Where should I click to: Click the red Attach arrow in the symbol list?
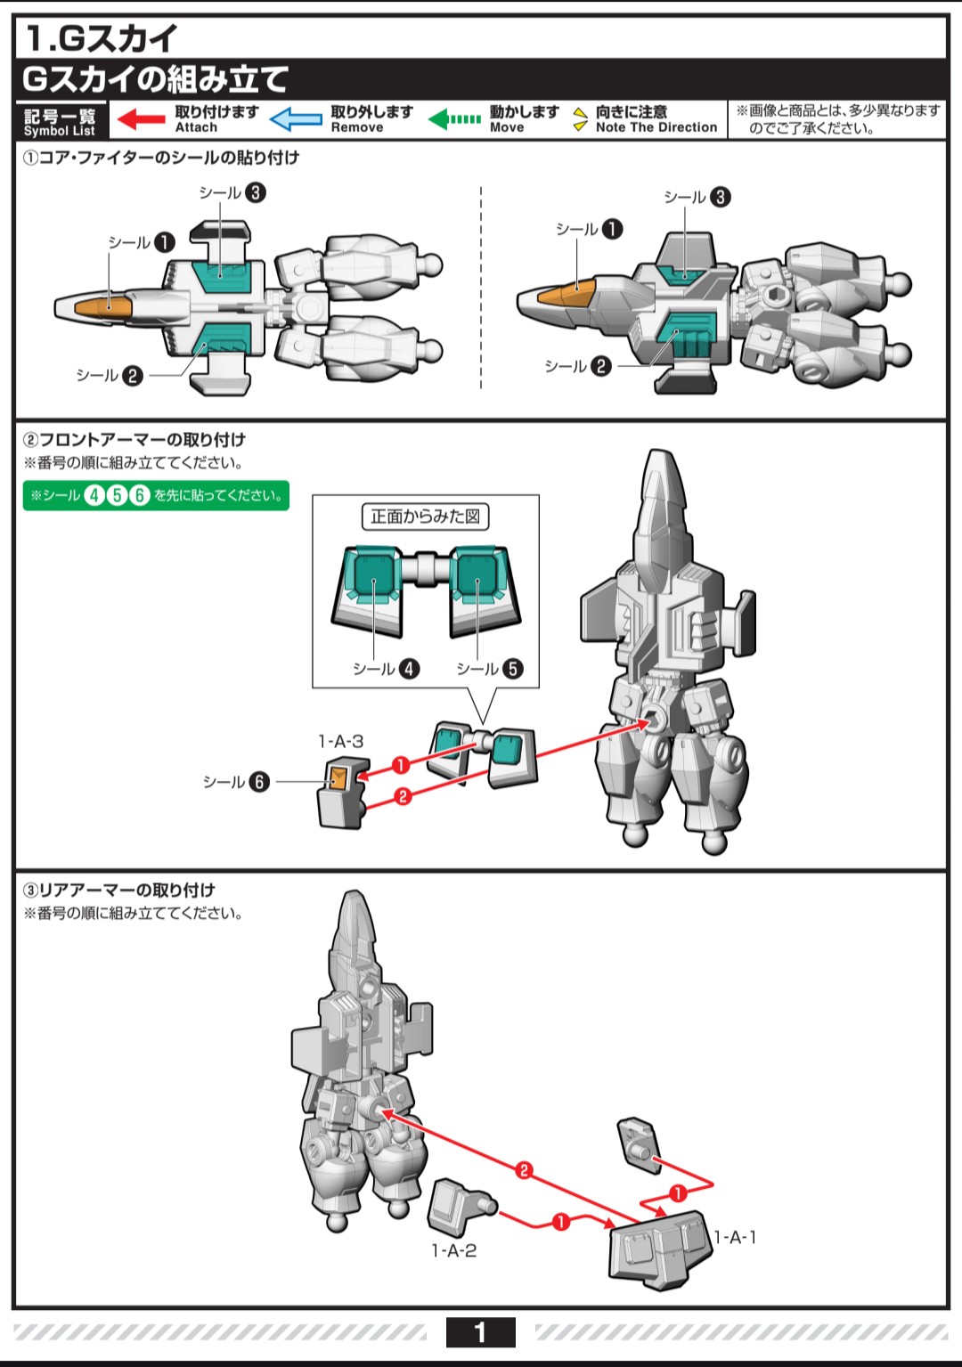tap(141, 119)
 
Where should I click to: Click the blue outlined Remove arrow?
tap(296, 119)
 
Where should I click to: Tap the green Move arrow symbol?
tap(454, 119)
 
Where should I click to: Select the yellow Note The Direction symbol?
tap(580, 119)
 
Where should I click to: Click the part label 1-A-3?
tap(341, 741)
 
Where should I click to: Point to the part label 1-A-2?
tap(454, 1251)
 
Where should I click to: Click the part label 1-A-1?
tap(736, 1237)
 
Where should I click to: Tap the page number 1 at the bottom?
tap(480, 1332)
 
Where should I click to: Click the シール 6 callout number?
tap(258, 782)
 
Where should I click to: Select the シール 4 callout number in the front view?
tap(409, 669)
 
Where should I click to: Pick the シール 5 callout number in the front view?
tap(513, 669)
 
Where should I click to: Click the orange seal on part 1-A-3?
tap(339, 777)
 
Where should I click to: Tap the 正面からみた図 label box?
tap(425, 517)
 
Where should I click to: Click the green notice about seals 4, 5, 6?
tap(156, 495)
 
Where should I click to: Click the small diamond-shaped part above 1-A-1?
tap(638, 1142)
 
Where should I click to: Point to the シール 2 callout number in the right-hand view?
tap(601, 366)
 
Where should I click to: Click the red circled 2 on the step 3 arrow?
tap(524, 1170)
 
